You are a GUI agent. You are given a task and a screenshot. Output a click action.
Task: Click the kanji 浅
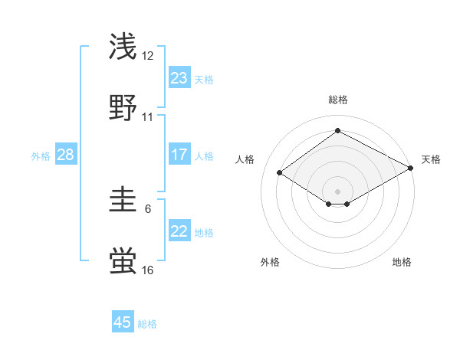click(x=123, y=47)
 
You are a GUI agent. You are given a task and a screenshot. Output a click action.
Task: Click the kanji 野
click(x=123, y=107)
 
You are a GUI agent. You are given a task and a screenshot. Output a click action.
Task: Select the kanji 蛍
click(x=123, y=261)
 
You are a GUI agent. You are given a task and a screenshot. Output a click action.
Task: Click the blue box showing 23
click(x=179, y=77)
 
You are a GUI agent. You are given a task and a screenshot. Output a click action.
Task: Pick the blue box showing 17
click(x=179, y=155)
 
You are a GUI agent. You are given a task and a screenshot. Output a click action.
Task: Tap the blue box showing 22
click(x=179, y=231)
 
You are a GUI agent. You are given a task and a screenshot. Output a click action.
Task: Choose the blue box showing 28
click(x=66, y=155)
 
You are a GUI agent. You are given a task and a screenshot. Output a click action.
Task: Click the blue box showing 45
click(x=123, y=322)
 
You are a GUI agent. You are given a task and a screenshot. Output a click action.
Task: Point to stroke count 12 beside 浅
click(x=148, y=56)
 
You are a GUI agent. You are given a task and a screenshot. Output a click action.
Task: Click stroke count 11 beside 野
click(x=148, y=117)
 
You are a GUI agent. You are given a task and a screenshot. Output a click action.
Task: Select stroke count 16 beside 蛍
click(x=148, y=270)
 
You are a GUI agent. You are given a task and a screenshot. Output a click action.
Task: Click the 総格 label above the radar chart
click(x=337, y=100)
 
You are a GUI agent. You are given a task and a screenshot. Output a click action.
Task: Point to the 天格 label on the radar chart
click(x=431, y=159)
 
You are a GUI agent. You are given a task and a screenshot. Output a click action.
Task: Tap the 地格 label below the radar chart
click(x=402, y=262)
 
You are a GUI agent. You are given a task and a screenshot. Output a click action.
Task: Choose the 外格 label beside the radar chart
click(x=270, y=262)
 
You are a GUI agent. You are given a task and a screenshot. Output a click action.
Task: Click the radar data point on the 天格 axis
click(x=412, y=168)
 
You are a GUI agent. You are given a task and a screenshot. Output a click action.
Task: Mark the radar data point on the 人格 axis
click(x=280, y=172)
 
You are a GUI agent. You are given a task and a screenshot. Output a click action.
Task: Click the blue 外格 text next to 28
click(x=41, y=155)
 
